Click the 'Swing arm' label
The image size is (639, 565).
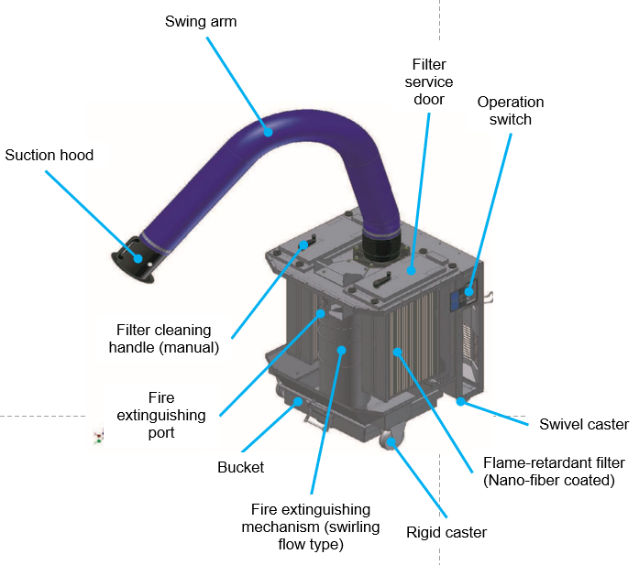(x=201, y=21)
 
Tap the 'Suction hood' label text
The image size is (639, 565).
(x=49, y=155)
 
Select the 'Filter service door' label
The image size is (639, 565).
(x=430, y=81)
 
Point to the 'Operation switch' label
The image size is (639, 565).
(x=510, y=110)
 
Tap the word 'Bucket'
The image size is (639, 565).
(x=241, y=467)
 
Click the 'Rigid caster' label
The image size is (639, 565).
(x=446, y=532)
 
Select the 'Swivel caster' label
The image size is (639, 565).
(x=582, y=424)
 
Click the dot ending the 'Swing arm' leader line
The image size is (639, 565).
(x=269, y=130)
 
